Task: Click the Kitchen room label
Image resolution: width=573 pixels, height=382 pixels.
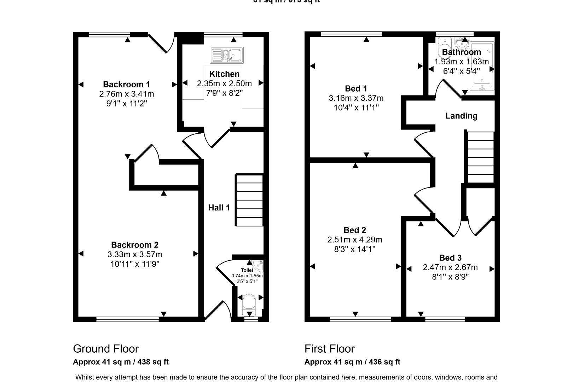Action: pyautogui.click(x=224, y=74)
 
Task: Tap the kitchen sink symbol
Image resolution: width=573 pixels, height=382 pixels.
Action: pyautogui.click(x=226, y=55)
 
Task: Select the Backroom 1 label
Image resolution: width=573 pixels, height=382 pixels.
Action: pyautogui.click(x=126, y=84)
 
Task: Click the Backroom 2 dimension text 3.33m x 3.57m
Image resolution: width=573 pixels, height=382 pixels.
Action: pyautogui.click(x=135, y=254)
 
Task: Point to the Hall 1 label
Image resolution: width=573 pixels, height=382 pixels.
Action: pyautogui.click(x=219, y=208)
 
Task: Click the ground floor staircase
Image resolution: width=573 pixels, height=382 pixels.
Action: pyautogui.click(x=249, y=200)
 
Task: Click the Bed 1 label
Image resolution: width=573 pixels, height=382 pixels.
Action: pyautogui.click(x=356, y=88)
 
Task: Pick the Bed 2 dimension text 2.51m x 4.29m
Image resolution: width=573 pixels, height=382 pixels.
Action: pyautogui.click(x=355, y=239)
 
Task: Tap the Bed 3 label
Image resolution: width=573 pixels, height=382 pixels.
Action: pyautogui.click(x=450, y=257)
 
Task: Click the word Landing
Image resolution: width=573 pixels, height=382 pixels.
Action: pyautogui.click(x=461, y=116)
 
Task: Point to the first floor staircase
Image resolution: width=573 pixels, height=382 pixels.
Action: pyautogui.click(x=481, y=157)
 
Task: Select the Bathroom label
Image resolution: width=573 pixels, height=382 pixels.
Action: pyautogui.click(x=461, y=52)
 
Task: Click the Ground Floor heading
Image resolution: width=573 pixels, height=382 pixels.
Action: pyautogui.click(x=106, y=349)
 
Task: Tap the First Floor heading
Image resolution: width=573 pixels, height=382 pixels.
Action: pyautogui.click(x=329, y=349)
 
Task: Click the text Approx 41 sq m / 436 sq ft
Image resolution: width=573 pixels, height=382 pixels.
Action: pyautogui.click(x=352, y=362)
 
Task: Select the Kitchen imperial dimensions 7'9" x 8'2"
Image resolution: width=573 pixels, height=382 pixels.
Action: pyautogui.click(x=224, y=93)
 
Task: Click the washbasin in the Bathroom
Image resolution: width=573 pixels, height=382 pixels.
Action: pyautogui.click(x=462, y=44)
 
